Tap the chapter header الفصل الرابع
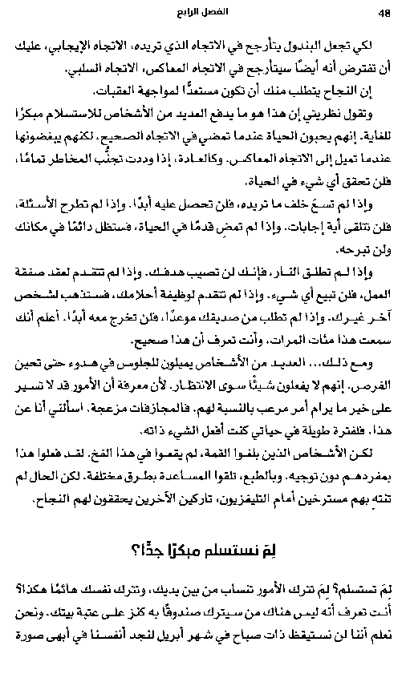[202, 13]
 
